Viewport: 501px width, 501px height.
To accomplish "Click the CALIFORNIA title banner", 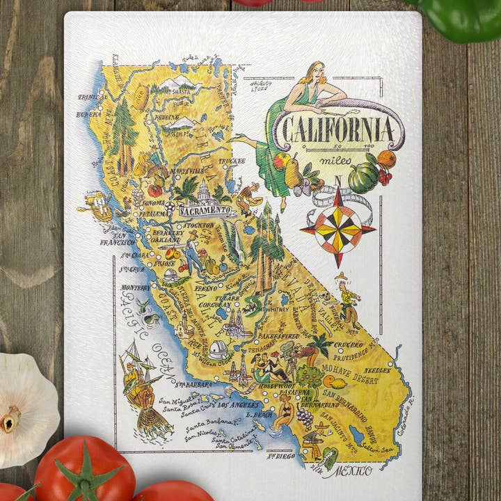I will [x=337, y=130].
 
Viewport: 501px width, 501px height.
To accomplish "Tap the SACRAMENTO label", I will [x=205, y=209].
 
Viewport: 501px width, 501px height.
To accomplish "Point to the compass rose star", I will [x=338, y=228].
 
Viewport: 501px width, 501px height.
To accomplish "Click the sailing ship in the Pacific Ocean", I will [x=141, y=379].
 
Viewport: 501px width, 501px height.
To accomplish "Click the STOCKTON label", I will [x=200, y=226].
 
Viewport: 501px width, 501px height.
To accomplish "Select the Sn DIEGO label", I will [x=281, y=457].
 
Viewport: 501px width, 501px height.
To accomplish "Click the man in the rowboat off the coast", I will [x=98, y=204].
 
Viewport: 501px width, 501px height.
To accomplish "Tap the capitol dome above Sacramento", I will [x=203, y=193].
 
